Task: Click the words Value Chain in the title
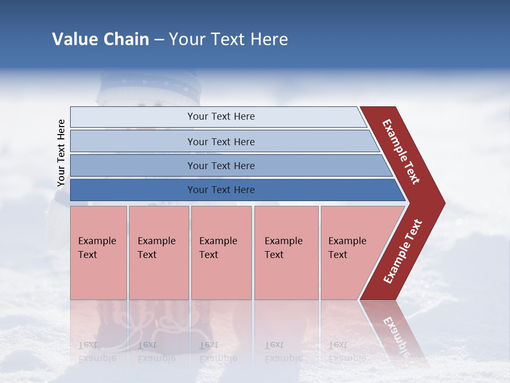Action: [100, 39]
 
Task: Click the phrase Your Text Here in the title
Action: [228, 39]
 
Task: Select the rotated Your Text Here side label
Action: [61, 153]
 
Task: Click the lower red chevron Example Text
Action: [402, 252]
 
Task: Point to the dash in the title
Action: [159, 40]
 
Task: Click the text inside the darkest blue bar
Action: [221, 190]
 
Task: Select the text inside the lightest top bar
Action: [221, 116]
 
